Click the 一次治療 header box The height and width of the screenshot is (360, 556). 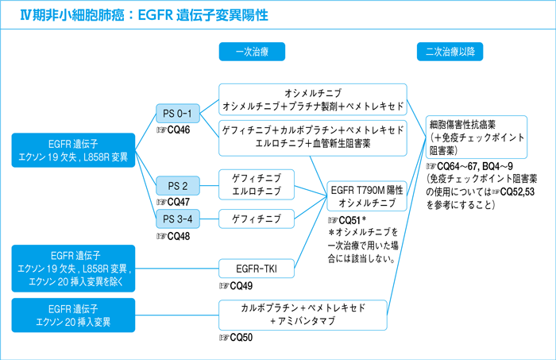tap(252, 52)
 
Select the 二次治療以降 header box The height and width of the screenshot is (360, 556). tap(450, 52)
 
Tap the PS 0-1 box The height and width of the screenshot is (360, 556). tap(178, 114)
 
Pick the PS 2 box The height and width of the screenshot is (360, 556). tap(178, 185)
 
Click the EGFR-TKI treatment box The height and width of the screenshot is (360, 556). tap(257, 270)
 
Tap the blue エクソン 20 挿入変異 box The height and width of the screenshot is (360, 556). tap(72, 315)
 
